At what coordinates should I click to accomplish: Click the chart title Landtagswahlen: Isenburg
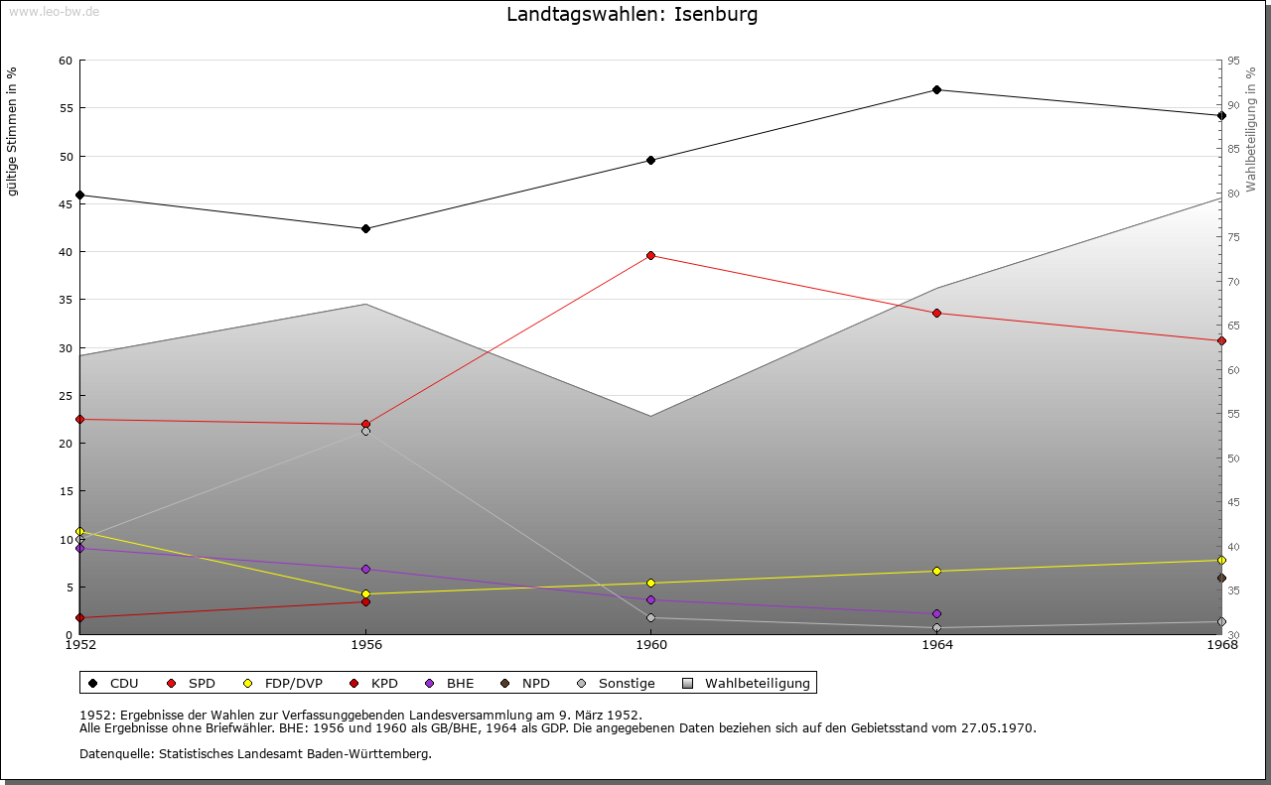[x=632, y=15]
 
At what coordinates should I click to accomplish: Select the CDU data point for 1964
[x=936, y=90]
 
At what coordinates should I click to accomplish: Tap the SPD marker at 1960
[x=651, y=256]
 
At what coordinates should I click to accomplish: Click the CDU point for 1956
[x=365, y=229]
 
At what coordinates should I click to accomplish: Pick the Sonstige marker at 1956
[x=365, y=432]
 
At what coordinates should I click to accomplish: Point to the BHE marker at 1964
[x=936, y=614]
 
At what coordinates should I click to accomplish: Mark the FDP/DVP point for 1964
[x=936, y=572]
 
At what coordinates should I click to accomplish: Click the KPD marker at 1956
[x=365, y=602]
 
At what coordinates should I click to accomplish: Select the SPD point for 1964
[x=936, y=314]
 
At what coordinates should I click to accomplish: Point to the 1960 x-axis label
[x=651, y=645]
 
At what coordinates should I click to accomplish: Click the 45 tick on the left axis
[x=65, y=204]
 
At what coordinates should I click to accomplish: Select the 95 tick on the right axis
[x=1233, y=61]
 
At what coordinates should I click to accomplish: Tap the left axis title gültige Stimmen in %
[x=13, y=131]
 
